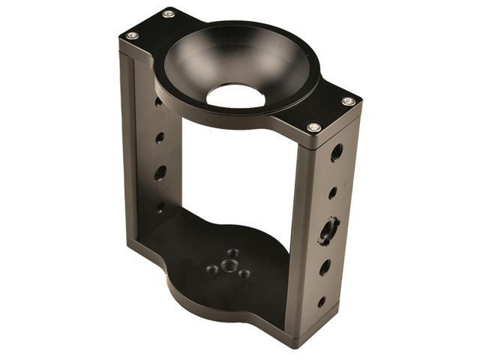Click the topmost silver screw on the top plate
coord(168,13)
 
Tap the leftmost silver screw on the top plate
coord(132,35)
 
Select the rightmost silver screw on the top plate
coord(348,101)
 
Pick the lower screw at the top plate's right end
coord(313,127)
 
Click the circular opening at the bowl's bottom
coord(235,95)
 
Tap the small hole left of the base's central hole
coord(212,268)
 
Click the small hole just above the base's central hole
coord(232,253)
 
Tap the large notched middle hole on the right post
coord(328,229)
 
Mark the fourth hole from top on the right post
coord(325,267)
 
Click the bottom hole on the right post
coord(321,302)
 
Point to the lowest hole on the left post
coord(160,208)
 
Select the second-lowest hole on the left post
coord(160,173)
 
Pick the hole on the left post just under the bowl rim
coord(158,101)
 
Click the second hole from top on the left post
coord(160,138)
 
